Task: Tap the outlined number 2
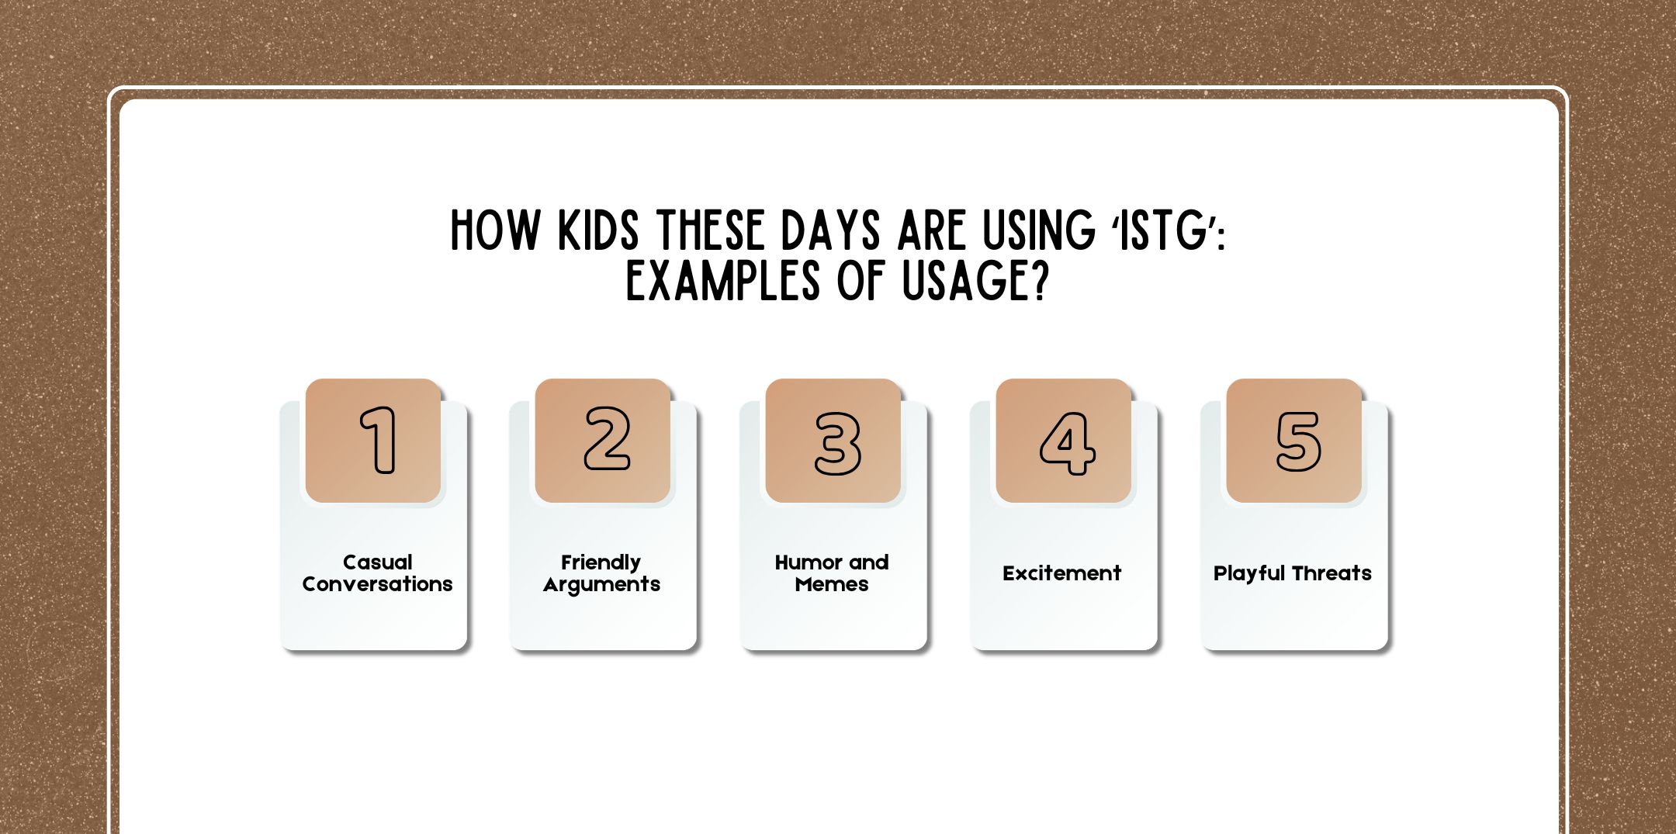[607, 439]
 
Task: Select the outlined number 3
[837, 443]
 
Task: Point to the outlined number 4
[1068, 443]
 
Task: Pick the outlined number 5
[1298, 441]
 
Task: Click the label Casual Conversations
[377, 573]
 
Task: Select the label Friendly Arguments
[601, 573]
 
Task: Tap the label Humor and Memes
[832, 573]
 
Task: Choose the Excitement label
[1061, 573]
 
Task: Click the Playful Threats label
[1292, 573]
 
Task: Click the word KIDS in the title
[598, 230]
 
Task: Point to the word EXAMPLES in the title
[722, 281]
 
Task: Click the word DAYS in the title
[830, 230]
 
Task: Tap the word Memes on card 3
[832, 584]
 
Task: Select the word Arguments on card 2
[601, 585]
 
